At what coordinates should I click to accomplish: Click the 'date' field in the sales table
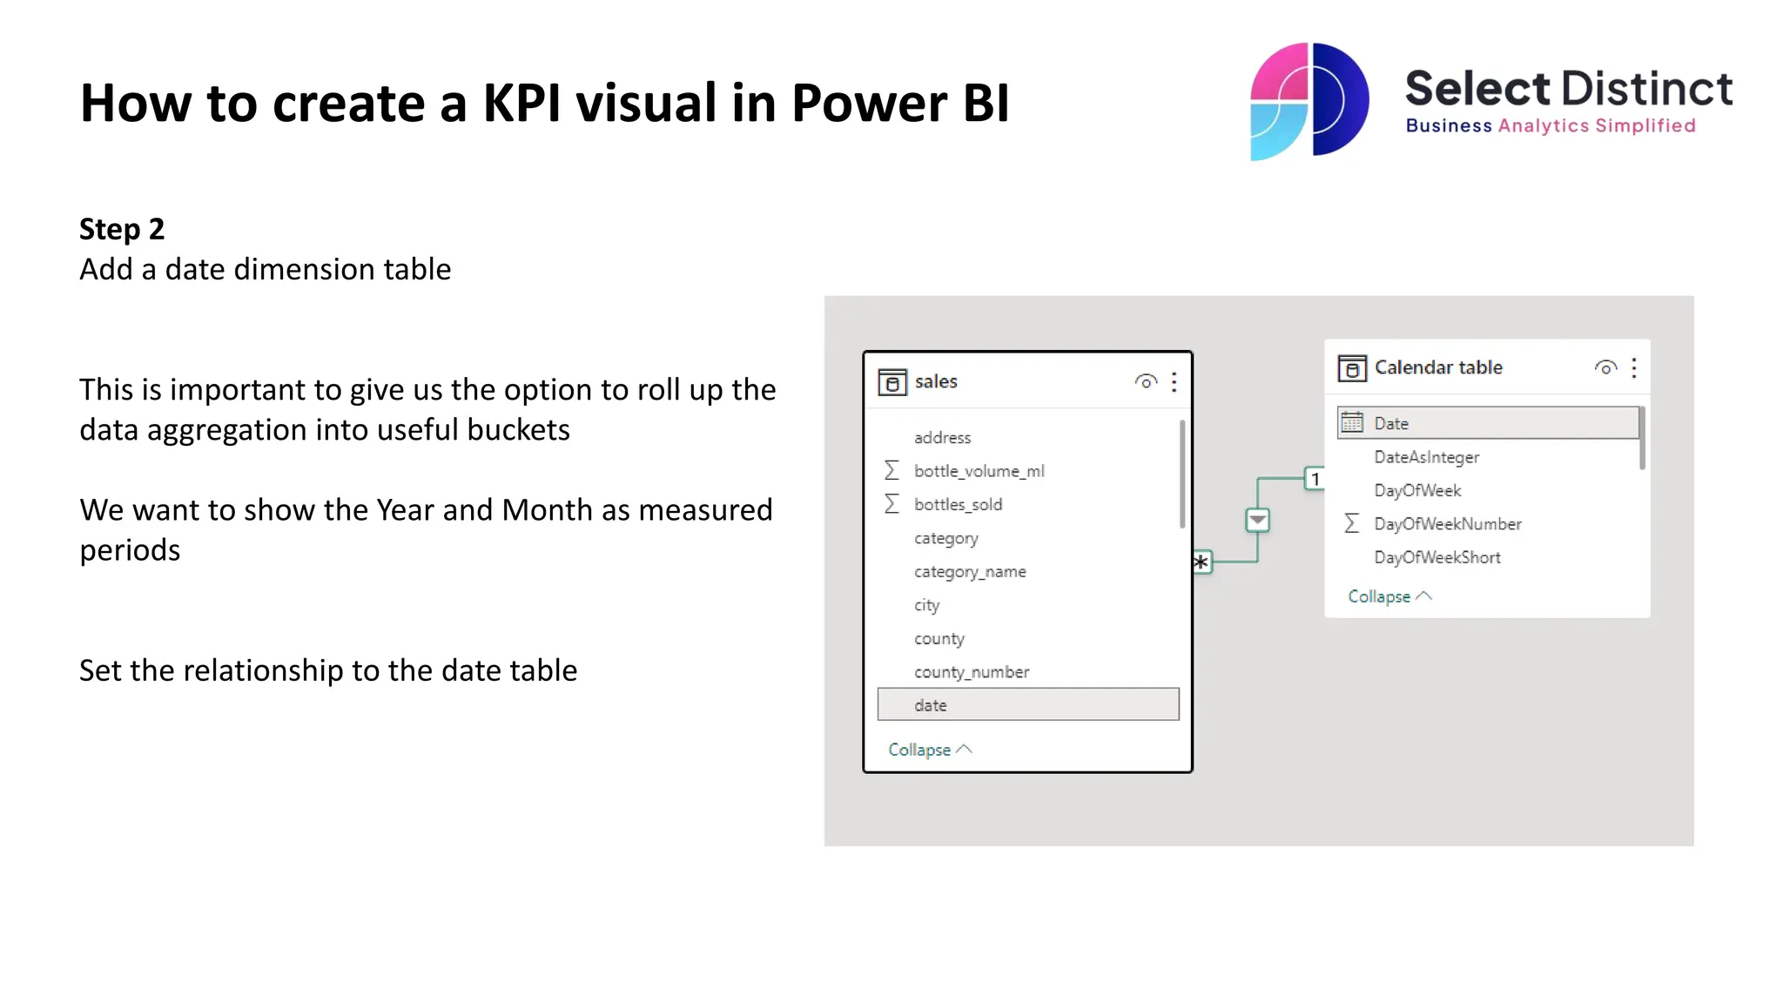pyautogui.click(x=931, y=705)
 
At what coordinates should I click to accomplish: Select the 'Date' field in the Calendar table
pyautogui.click(x=1391, y=423)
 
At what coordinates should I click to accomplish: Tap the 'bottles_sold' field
pyautogui.click(x=958, y=504)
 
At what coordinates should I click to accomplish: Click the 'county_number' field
pyautogui.click(x=971, y=672)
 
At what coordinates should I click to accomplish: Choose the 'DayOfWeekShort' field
pyautogui.click(x=1436, y=557)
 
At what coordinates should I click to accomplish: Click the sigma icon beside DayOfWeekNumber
pyautogui.click(x=1351, y=523)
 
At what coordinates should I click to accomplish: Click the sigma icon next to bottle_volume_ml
pyautogui.click(x=891, y=471)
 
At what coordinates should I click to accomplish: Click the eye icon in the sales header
pyautogui.click(x=1146, y=381)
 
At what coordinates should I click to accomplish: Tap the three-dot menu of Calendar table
pyautogui.click(x=1634, y=368)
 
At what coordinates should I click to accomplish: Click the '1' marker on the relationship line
pyautogui.click(x=1315, y=479)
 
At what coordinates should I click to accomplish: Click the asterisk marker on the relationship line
pyautogui.click(x=1201, y=562)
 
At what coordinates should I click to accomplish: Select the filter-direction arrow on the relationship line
pyautogui.click(x=1257, y=521)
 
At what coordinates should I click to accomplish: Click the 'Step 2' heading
pyautogui.click(x=122, y=229)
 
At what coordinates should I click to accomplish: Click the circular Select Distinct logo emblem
pyautogui.click(x=1309, y=101)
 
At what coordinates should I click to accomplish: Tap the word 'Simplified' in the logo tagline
pyautogui.click(x=1645, y=126)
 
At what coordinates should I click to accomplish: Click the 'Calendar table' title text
pyautogui.click(x=1438, y=367)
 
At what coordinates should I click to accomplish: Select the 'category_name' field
pyautogui.click(x=970, y=572)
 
